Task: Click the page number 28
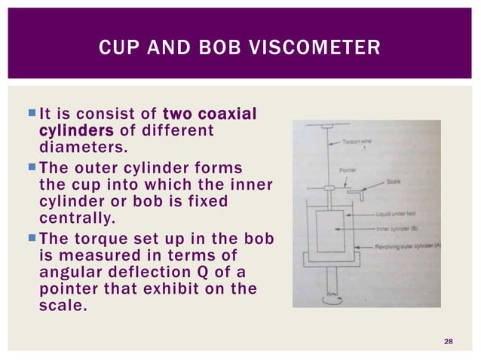[x=449, y=343]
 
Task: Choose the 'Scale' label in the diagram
[x=395, y=182]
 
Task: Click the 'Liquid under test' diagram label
[x=397, y=213]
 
